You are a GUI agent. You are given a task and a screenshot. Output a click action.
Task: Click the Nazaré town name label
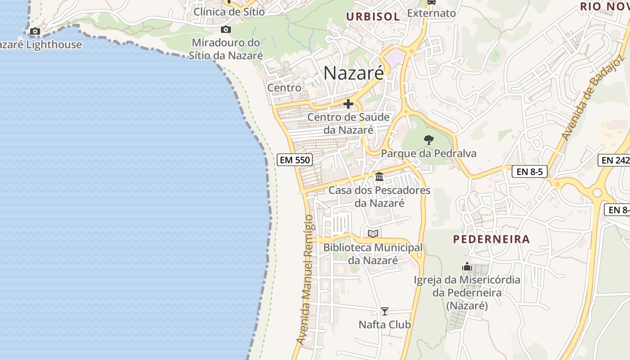[354, 73]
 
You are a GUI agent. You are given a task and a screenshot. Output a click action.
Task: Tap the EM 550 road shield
[294, 160]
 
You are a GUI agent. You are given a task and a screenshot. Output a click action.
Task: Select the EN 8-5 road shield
[529, 171]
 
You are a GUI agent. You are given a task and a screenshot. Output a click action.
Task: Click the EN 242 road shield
[614, 160]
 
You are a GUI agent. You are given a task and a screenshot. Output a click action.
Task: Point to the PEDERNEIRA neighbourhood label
[491, 239]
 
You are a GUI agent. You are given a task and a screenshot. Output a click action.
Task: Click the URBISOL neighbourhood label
[373, 17]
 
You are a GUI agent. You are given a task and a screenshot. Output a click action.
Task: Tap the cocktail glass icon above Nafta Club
[385, 311]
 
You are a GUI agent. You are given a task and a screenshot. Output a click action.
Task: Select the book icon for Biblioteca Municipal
[373, 234]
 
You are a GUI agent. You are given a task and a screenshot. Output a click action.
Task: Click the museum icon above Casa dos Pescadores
[379, 177]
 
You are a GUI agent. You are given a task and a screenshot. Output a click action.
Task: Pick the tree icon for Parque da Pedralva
[429, 140]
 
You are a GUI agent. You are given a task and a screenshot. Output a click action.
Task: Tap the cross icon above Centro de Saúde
[348, 104]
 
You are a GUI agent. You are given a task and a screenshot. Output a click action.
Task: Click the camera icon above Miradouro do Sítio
[226, 30]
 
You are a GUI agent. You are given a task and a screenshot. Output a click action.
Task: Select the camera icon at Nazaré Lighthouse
[35, 31]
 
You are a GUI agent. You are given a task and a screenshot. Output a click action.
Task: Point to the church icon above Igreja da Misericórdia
[467, 267]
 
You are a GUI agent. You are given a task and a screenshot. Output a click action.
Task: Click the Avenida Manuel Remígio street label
[305, 280]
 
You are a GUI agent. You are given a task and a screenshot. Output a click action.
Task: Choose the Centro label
[284, 88]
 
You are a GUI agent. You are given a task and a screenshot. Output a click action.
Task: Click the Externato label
[431, 13]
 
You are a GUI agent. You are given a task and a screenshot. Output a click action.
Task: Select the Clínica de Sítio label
[229, 12]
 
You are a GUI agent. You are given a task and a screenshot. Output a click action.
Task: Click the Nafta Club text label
[385, 324]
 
